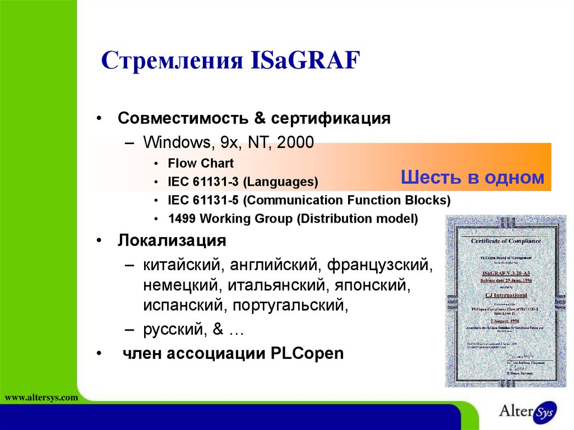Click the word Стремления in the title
coord(170,61)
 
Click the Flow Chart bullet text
coord(201,163)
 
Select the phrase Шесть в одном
coord(473,178)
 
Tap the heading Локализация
coord(172,241)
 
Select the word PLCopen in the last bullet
coord(307,354)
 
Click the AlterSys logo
coord(527,411)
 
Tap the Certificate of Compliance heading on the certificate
coord(506,241)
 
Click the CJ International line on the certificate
coord(506,295)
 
